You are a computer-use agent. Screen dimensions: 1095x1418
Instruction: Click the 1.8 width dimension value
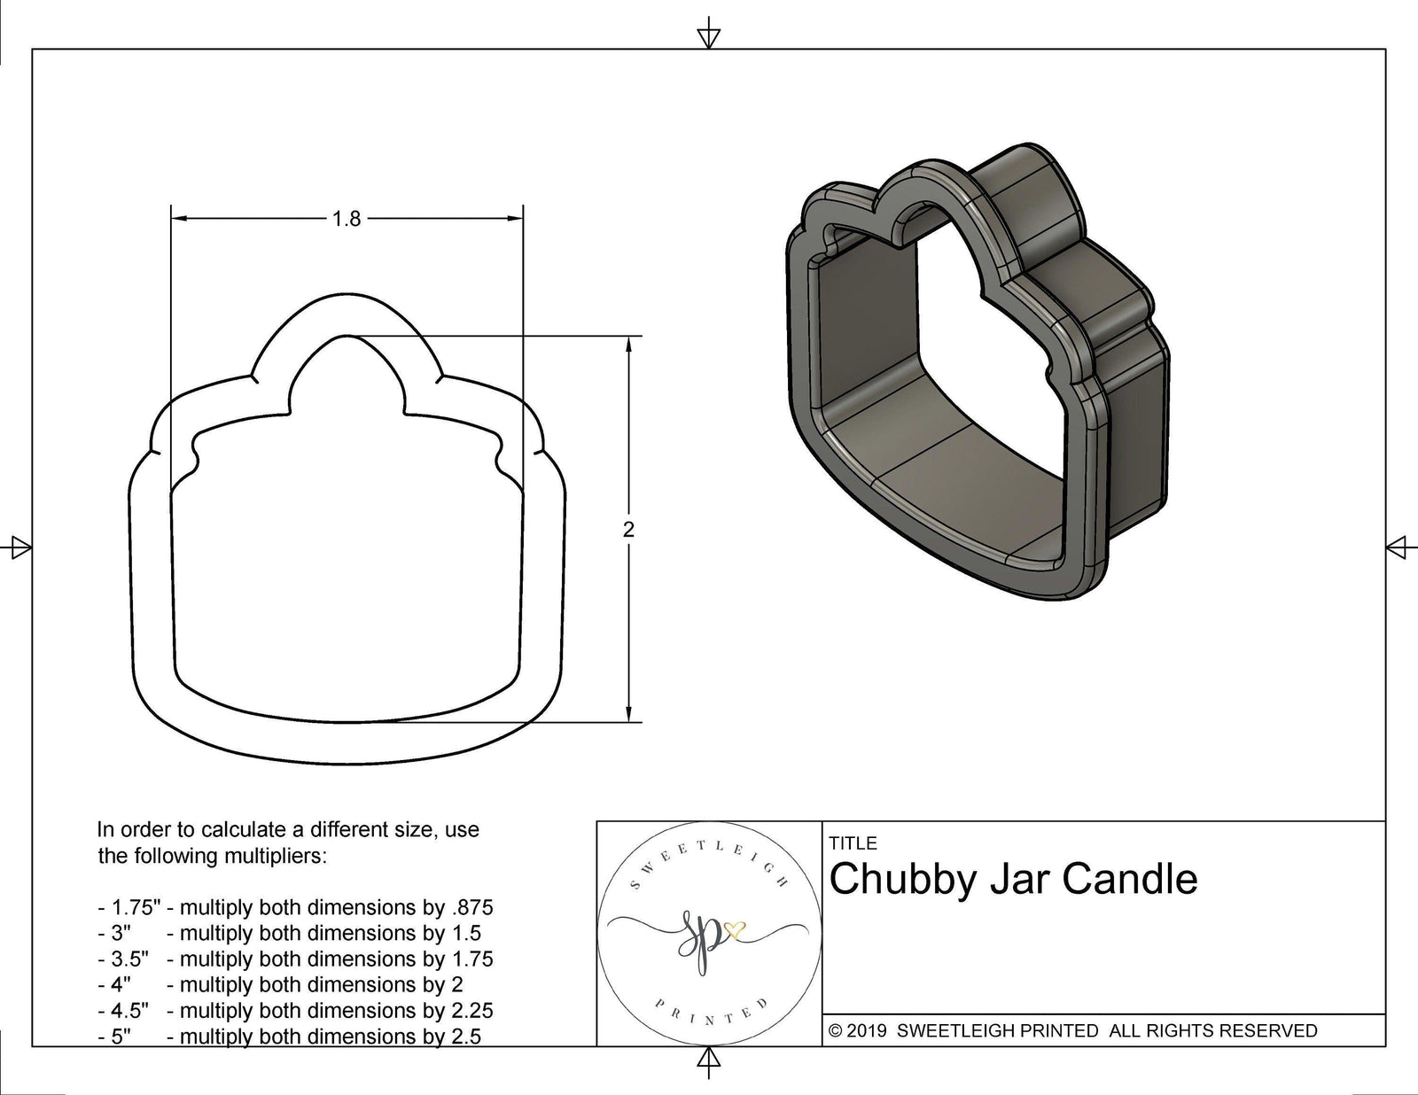point(347,218)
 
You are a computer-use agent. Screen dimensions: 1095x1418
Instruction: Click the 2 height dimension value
point(629,530)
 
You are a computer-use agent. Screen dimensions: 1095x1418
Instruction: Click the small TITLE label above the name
point(853,843)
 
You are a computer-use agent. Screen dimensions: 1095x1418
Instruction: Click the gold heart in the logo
point(736,930)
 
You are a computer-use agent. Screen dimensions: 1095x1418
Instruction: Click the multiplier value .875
point(471,907)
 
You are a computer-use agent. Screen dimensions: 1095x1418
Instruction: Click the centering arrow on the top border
point(708,36)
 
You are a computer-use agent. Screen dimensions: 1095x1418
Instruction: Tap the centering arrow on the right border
point(1398,547)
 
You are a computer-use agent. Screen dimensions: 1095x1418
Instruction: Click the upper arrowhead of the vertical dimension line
point(629,346)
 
